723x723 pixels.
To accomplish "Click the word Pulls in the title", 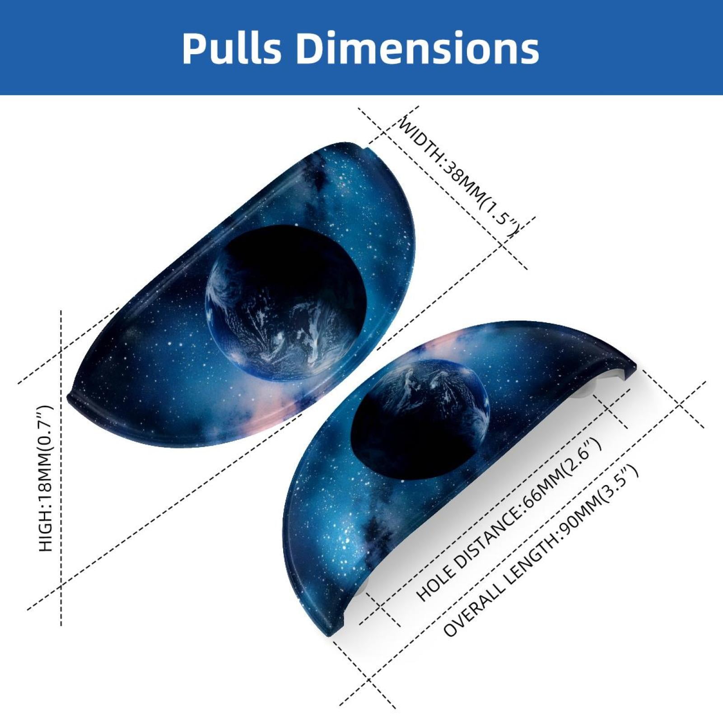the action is [232, 48].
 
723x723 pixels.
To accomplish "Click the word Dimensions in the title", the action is [418, 48].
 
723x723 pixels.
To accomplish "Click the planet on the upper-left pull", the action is [285, 302].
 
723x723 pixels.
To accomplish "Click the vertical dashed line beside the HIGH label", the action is [61, 467].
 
